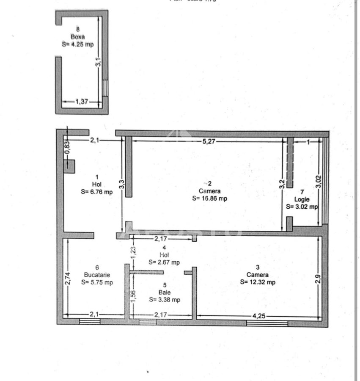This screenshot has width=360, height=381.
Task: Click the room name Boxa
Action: [x=77, y=37]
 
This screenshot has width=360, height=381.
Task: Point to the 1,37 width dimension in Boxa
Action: [x=82, y=101]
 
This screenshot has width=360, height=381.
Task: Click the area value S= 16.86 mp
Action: [x=209, y=198]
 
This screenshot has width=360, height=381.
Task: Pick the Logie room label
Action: [x=302, y=199]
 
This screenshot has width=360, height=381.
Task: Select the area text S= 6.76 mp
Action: [x=96, y=192]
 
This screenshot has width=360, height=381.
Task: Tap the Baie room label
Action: [x=164, y=292]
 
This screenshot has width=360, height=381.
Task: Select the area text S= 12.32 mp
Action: [x=258, y=282]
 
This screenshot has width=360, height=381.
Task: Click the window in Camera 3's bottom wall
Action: [x=267, y=323]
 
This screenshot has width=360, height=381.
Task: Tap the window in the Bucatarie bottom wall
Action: [x=90, y=322]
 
